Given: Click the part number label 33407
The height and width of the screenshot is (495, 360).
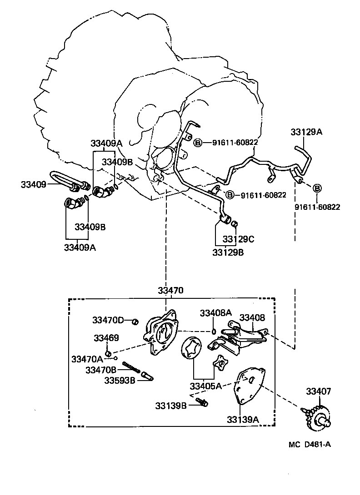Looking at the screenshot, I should (318, 391).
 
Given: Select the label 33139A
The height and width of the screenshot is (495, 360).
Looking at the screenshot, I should (243, 420).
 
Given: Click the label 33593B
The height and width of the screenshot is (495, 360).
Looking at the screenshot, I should (120, 380).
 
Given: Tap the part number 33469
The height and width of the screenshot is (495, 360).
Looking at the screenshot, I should (106, 338).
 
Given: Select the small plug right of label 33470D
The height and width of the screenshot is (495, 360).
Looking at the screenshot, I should (135, 322).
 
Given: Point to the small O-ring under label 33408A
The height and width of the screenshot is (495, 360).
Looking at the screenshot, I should (214, 331).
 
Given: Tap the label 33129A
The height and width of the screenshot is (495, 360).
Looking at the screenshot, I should (306, 132).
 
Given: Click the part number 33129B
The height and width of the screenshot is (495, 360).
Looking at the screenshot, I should (228, 252).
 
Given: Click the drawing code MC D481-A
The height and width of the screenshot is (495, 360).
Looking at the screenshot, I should (309, 444).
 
